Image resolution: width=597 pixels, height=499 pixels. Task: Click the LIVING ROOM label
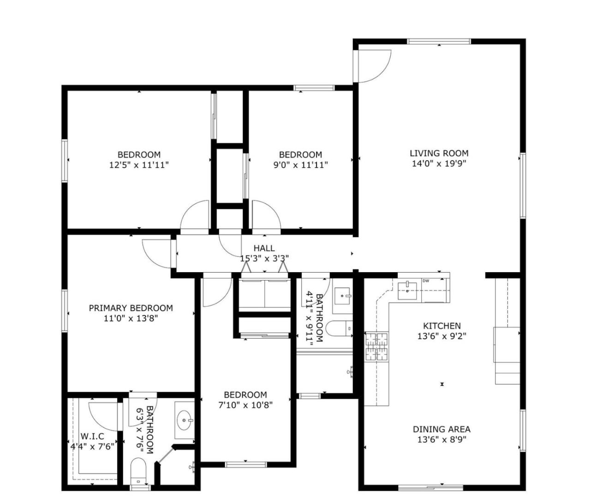439,153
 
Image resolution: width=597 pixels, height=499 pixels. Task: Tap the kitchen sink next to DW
407,291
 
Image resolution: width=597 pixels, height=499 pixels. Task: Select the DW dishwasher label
425,281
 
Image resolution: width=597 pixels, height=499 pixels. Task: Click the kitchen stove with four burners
377,346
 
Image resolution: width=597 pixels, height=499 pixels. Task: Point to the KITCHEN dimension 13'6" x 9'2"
442,336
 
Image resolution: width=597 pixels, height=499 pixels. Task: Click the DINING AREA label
441,429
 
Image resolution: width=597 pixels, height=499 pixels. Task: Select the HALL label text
263,248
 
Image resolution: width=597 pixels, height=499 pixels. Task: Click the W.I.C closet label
92,436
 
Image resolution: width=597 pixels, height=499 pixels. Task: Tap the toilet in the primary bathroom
138,470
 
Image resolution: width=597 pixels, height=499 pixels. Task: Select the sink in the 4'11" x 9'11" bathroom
342,294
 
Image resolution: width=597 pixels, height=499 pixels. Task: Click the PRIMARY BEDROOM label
131,308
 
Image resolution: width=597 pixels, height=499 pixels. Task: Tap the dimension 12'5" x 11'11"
139,164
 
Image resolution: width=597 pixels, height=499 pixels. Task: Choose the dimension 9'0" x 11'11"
300,164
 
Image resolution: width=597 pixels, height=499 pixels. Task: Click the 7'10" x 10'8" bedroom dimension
245,405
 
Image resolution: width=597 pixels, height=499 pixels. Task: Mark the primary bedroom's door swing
156,253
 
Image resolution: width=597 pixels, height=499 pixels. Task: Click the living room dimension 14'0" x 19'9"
439,163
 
